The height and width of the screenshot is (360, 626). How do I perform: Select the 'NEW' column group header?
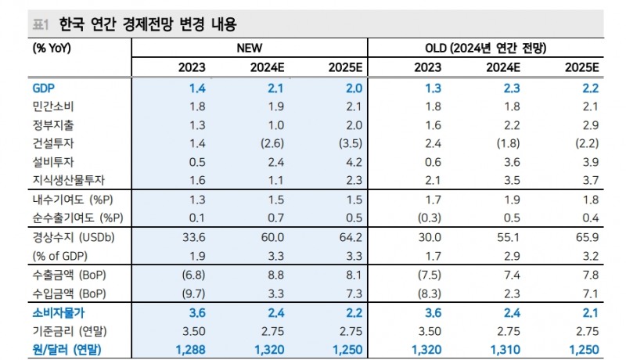tap(249, 48)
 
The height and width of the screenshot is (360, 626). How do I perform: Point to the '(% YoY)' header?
tap(50, 48)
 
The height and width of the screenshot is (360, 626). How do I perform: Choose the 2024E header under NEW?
tap(266, 67)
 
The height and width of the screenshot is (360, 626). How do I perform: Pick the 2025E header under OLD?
tap(581, 67)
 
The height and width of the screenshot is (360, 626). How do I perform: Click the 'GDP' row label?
tap(45, 88)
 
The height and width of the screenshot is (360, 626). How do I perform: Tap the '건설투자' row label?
tap(54, 143)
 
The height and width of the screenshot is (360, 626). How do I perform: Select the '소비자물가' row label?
tap(59, 312)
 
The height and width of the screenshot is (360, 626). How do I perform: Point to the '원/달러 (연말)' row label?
tap(67, 349)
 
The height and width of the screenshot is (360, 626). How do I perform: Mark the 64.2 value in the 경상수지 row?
tap(347, 237)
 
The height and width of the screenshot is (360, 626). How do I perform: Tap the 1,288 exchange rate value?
tap(190, 349)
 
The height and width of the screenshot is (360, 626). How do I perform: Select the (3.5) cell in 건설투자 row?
tap(347, 143)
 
